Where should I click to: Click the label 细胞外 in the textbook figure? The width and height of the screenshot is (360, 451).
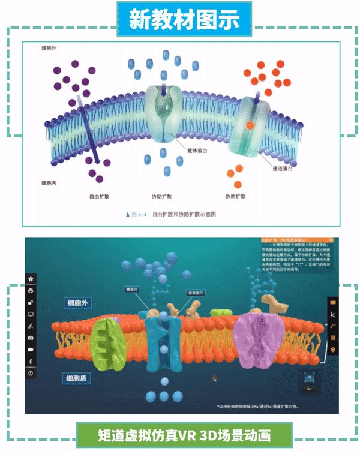49,47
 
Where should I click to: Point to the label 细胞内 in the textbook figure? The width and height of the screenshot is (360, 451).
49,182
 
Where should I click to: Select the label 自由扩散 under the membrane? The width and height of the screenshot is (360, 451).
98,196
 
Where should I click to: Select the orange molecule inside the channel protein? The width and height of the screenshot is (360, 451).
250,125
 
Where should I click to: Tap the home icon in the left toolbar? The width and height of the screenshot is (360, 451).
31,279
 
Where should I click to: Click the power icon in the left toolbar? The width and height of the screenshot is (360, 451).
31,373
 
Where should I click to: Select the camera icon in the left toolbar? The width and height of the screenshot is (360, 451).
31,338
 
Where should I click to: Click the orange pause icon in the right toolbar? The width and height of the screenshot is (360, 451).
333,337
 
